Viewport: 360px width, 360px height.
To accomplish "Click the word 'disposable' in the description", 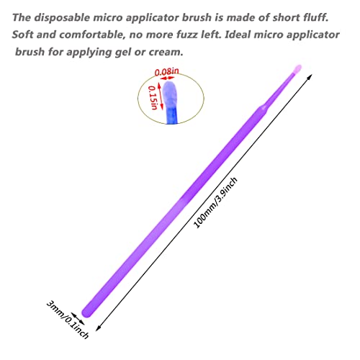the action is [62, 18].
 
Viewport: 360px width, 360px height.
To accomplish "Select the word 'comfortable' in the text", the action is [94, 35].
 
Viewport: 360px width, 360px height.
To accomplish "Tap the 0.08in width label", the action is [166, 71].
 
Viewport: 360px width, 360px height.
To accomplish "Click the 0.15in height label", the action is [153, 97].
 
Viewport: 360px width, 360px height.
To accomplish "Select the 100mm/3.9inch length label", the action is [215, 202].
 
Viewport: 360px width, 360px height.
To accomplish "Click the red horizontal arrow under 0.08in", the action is [167, 78].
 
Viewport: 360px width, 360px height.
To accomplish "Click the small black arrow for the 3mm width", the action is [78, 319].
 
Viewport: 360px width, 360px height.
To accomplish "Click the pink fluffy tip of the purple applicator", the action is [297, 69].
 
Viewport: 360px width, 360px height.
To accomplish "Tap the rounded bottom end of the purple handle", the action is [87, 312].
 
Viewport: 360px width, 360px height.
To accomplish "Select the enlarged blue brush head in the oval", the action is [171, 94].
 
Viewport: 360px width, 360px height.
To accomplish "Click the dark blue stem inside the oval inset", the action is [172, 116].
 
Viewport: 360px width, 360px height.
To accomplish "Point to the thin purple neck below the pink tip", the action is [279, 90].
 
